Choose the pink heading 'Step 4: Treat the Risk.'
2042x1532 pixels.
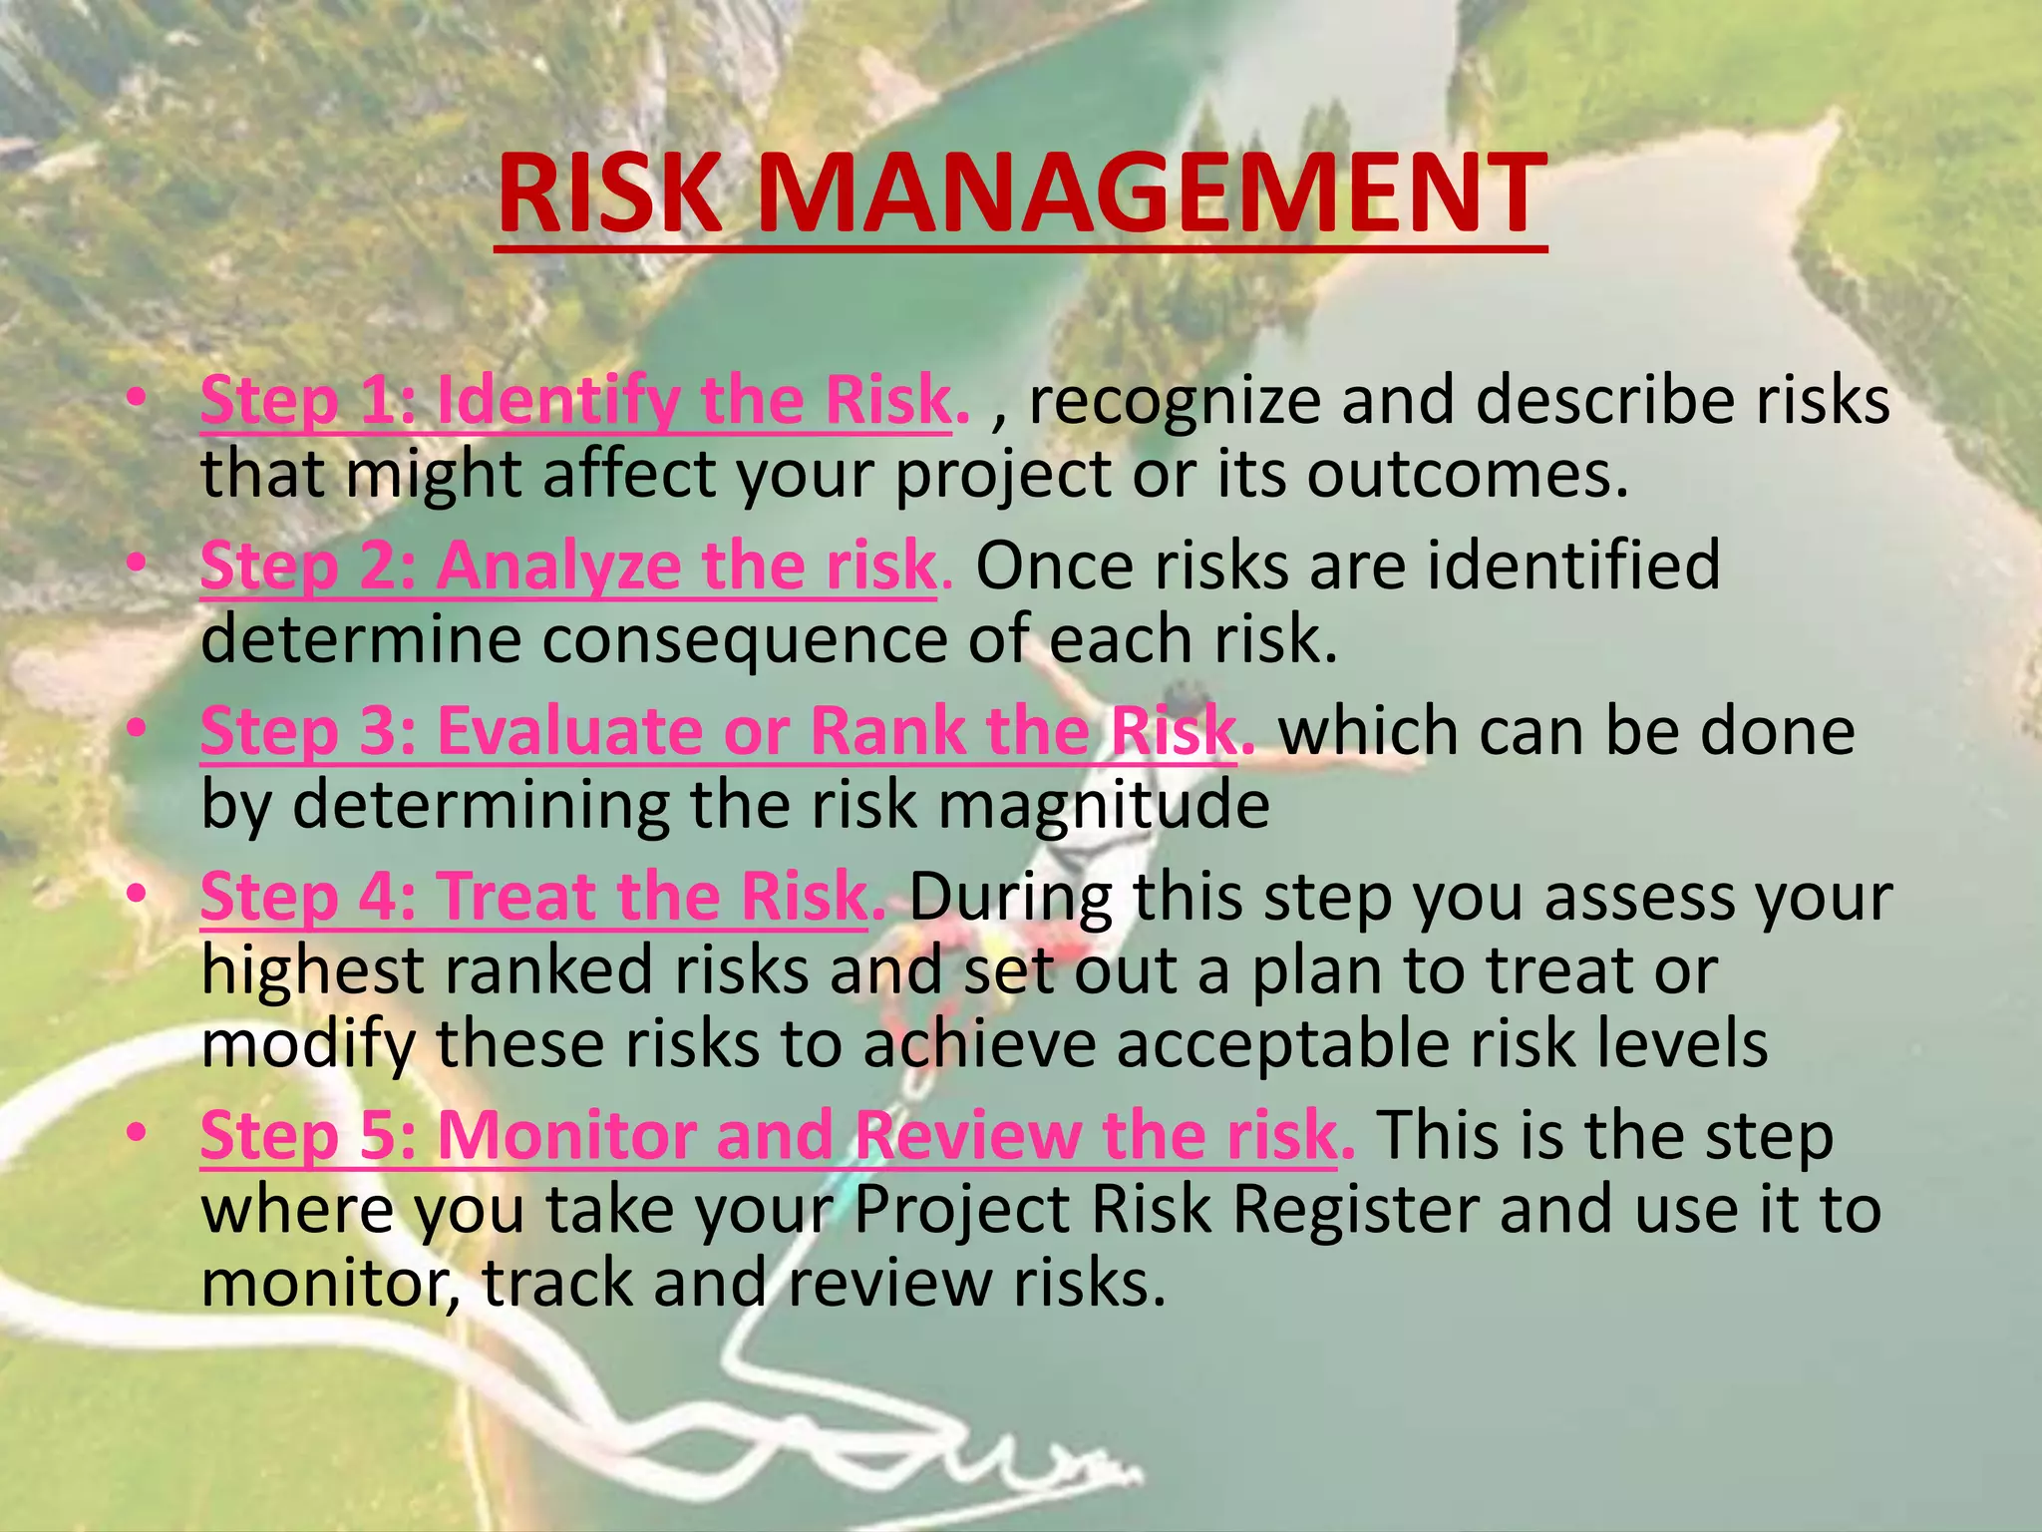tap(542, 897)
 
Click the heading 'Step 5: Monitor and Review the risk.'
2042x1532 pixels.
tap(777, 1136)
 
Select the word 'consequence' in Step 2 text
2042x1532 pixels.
tap(744, 639)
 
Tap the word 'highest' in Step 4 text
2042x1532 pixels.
tap(313, 970)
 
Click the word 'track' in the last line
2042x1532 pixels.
tap(557, 1284)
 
